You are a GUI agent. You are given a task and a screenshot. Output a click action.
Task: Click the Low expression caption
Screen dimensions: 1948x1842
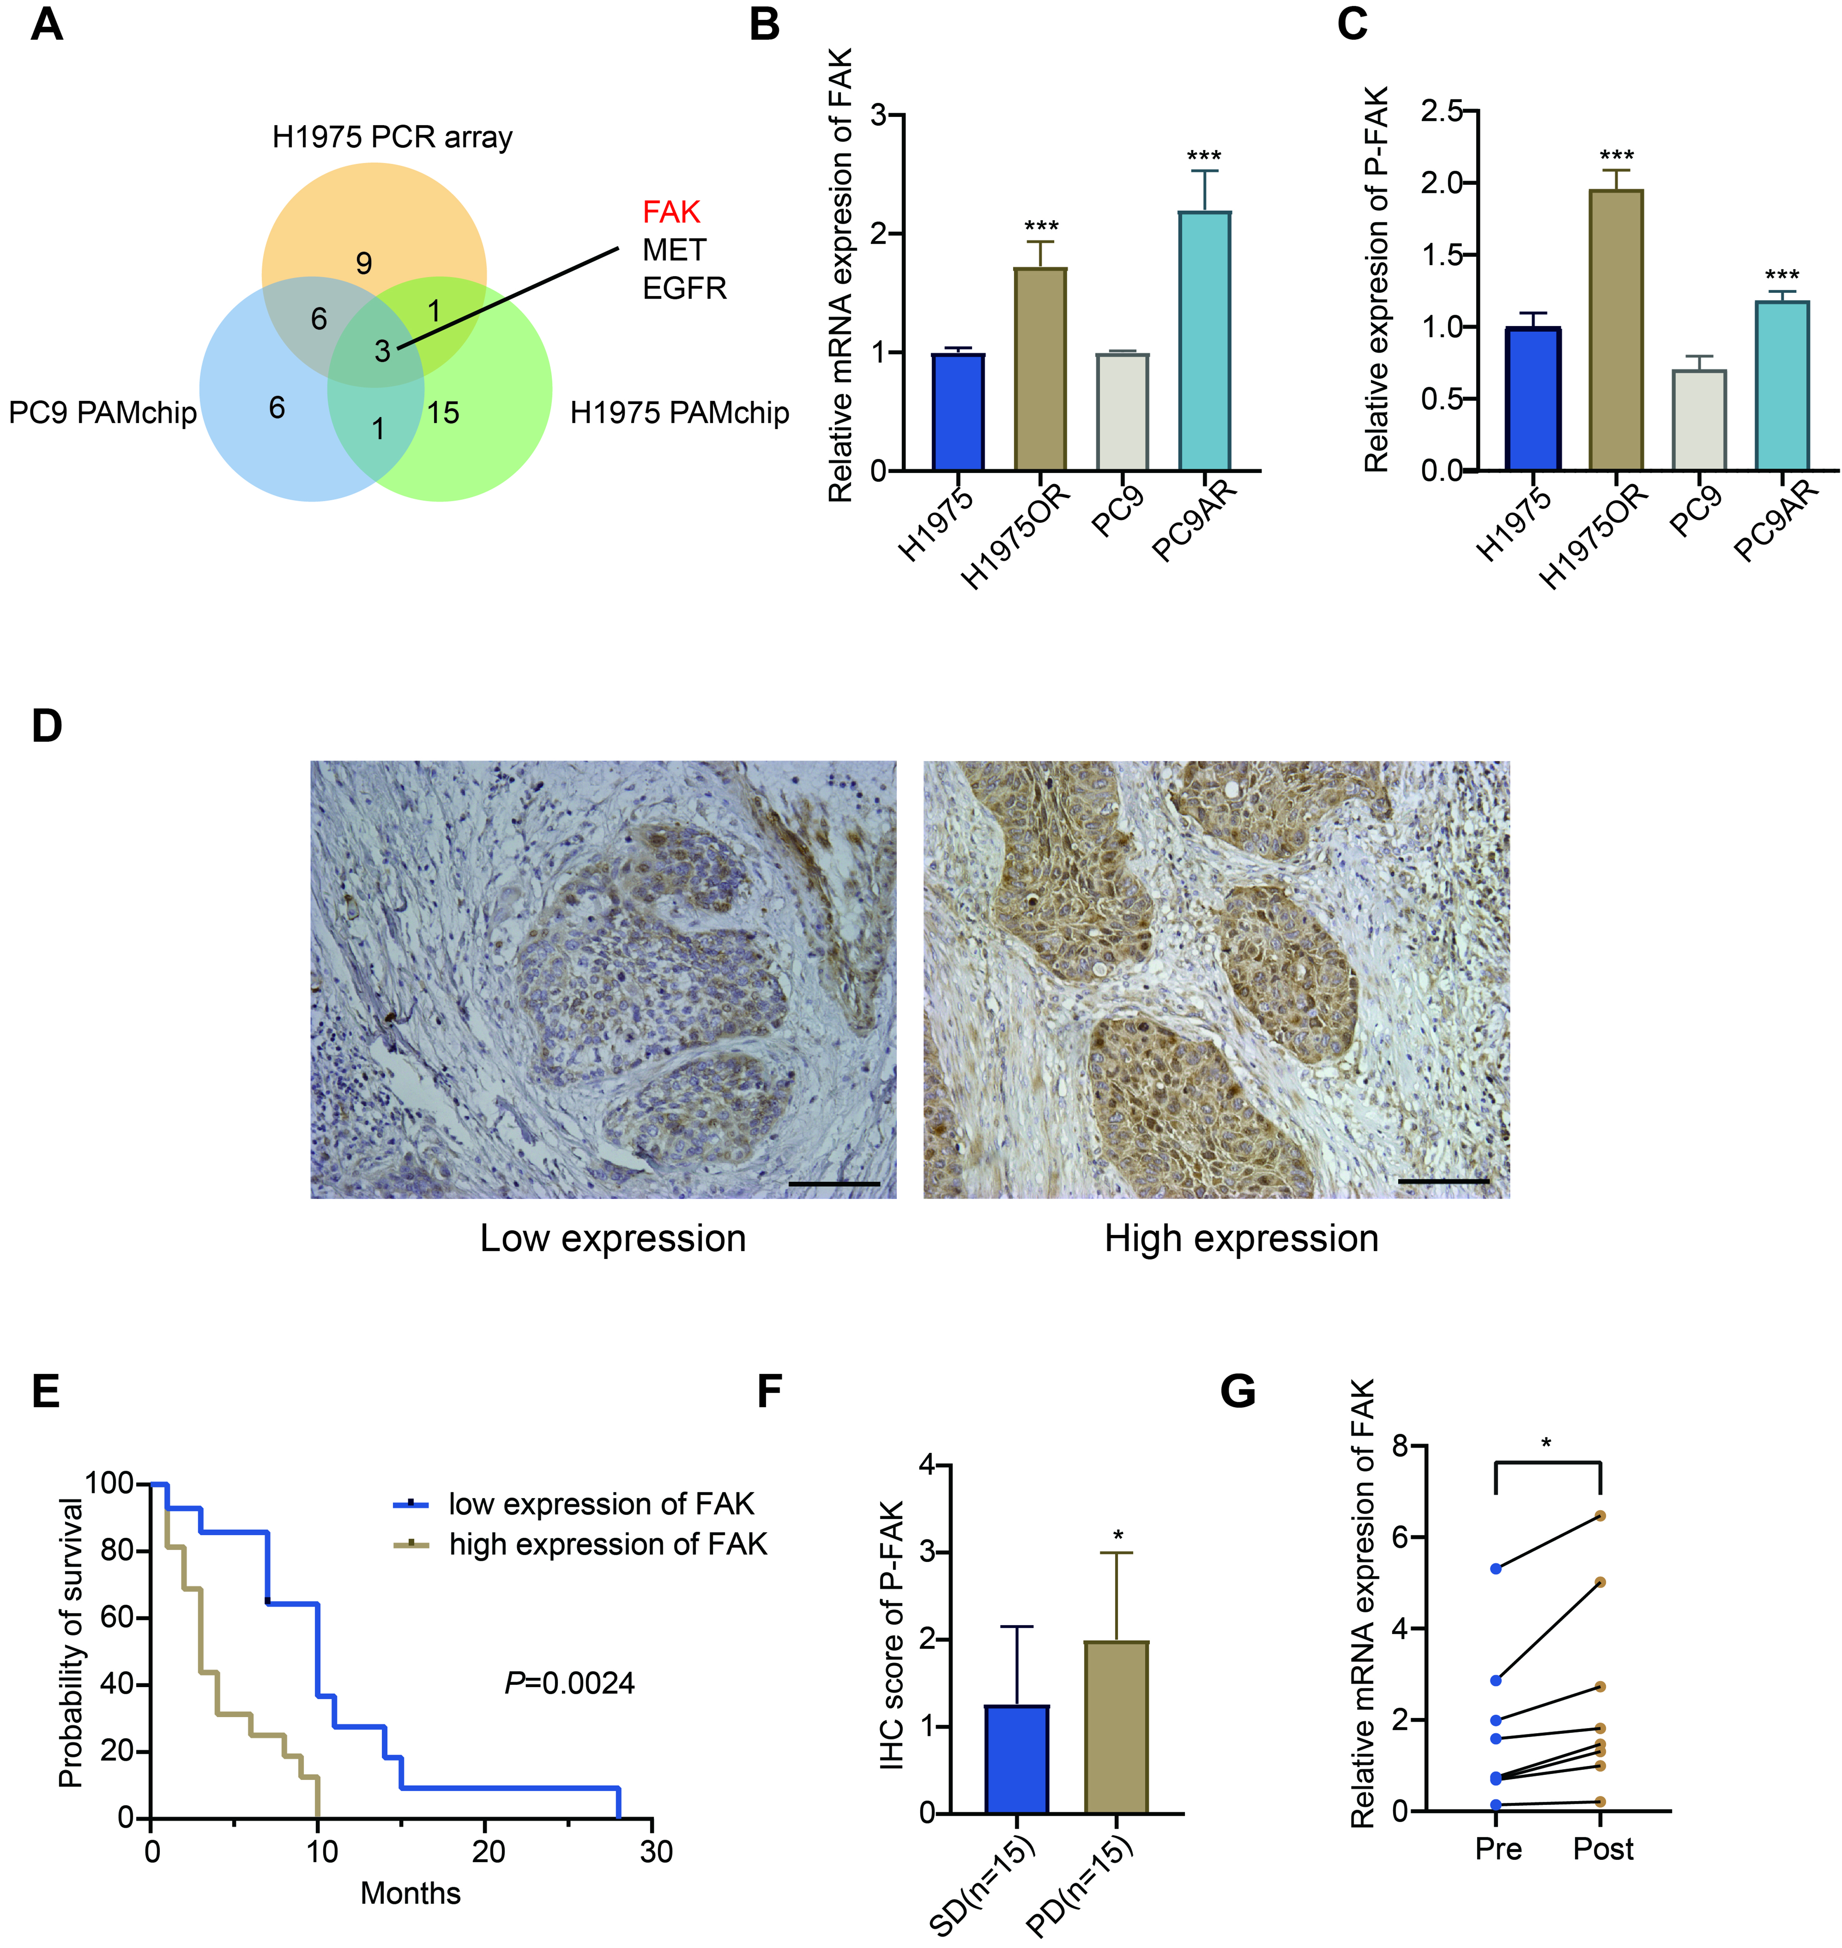coord(613,1239)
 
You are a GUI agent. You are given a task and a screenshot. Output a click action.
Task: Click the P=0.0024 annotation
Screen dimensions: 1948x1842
coord(570,1683)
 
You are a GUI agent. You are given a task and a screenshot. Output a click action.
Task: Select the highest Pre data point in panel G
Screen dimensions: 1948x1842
coord(1495,1569)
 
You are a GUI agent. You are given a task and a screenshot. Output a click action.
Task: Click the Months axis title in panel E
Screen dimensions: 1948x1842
coord(411,1893)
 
